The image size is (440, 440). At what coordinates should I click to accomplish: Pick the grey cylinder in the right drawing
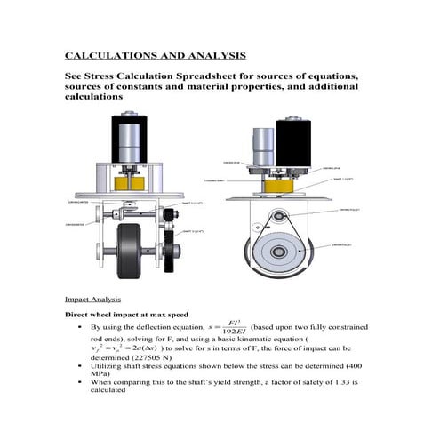coord(264,144)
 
